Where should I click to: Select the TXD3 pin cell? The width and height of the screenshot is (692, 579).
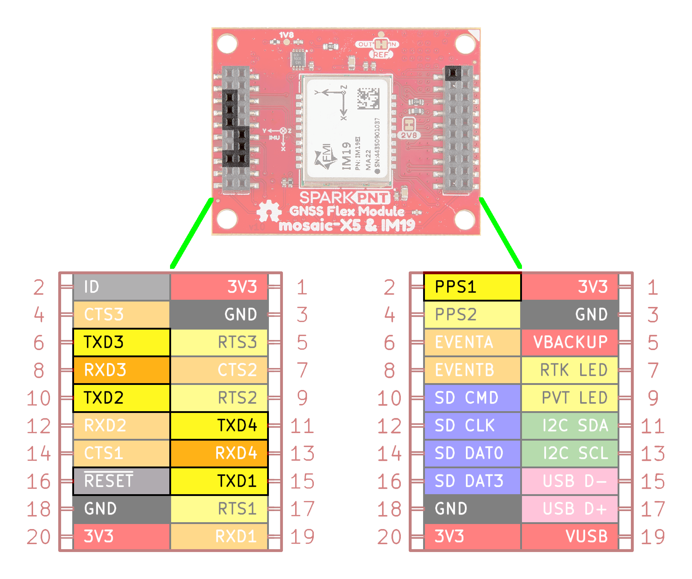122,342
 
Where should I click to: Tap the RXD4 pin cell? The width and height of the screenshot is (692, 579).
219,453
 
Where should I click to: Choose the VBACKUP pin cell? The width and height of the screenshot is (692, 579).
570,342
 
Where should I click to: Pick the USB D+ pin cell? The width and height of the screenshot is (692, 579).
570,509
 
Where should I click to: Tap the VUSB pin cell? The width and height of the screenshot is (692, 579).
570,537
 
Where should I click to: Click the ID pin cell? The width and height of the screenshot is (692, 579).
122,287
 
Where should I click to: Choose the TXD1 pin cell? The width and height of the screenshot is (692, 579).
219,481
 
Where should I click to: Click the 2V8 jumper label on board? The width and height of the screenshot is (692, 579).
409,135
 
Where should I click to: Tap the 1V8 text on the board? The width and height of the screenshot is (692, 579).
287,35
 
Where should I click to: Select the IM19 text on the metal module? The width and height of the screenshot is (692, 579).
346,155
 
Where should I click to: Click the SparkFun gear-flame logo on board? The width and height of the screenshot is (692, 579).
269,212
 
